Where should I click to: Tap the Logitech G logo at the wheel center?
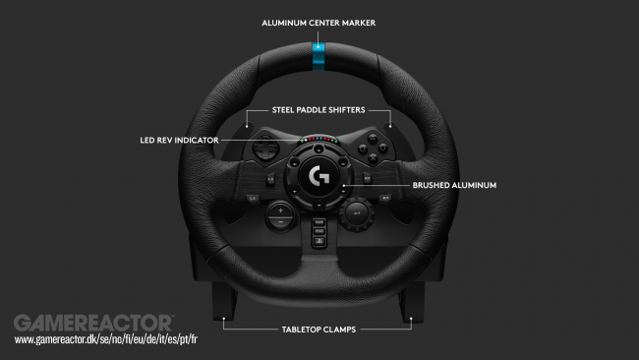(319, 179)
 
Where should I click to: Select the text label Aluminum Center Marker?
(319, 21)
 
